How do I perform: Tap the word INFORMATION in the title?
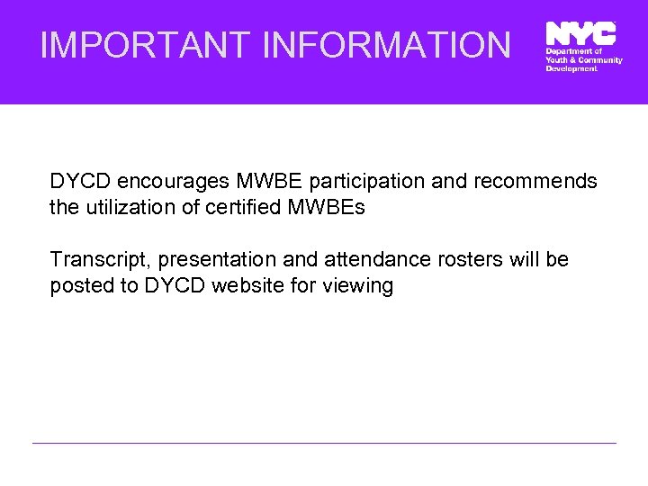point(386,44)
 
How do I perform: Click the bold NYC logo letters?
point(580,33)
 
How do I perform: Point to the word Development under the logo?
point(571,68)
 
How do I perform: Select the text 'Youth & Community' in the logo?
point(583,60)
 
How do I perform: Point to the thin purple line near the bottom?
point(324,443)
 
